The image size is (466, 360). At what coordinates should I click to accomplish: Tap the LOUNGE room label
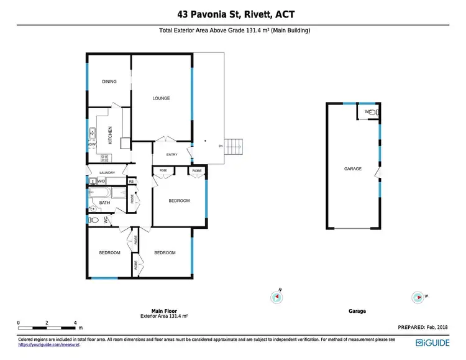tap(162, 98)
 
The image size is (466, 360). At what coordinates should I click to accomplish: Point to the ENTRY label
tap(172, 155)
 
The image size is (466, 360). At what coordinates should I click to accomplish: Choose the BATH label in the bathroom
tap(104, 202)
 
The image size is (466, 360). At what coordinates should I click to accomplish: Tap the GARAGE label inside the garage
tap(353, 169)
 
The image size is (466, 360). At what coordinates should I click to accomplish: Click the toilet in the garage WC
tap(373, 112)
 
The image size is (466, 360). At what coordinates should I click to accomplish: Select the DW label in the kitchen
tap(91, 145)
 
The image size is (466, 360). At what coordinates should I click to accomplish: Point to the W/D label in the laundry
tap(101, 181)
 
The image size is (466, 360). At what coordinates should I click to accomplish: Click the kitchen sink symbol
tap(92, 132)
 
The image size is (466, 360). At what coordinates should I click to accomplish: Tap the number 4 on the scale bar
tap(75, 323)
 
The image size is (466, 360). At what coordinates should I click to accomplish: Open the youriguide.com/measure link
tap(50, 344)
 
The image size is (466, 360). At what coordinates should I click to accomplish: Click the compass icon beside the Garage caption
tap(418, 297)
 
